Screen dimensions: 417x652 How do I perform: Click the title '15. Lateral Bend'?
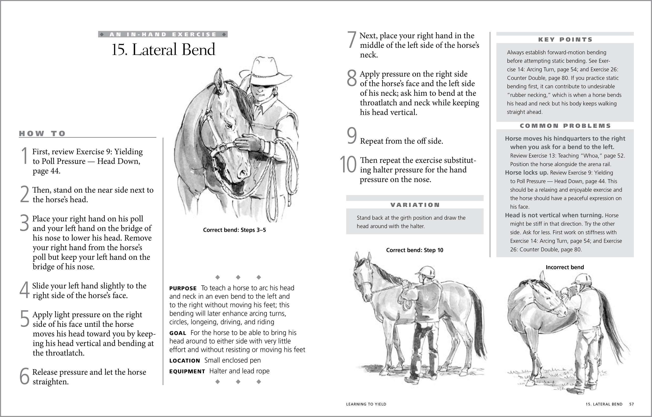coord(163,50)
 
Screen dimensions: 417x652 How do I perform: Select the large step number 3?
coord(24,223)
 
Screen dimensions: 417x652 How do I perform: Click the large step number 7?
coord(352,40)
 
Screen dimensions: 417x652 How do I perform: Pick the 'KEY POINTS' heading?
coord(565,40)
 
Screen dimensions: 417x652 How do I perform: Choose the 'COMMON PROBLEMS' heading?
coord(565,126)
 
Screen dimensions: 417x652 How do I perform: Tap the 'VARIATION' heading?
coord(415,205)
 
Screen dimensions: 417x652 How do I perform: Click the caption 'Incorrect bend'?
coord(564,267)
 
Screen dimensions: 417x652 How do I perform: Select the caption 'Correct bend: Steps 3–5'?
coord(234,230)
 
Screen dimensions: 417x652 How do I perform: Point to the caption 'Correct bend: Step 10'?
coord(415,250)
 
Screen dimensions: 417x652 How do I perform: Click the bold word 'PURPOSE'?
coord(183,289)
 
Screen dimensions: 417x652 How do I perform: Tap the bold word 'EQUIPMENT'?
coord(187,372)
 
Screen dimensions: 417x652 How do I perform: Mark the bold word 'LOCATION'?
coord(184,361)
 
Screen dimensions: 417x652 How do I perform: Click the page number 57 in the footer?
coord(631,404)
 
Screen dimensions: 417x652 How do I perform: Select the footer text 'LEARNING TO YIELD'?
coord(366,404)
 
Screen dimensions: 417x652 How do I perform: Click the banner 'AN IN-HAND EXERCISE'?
coord(163,34)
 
